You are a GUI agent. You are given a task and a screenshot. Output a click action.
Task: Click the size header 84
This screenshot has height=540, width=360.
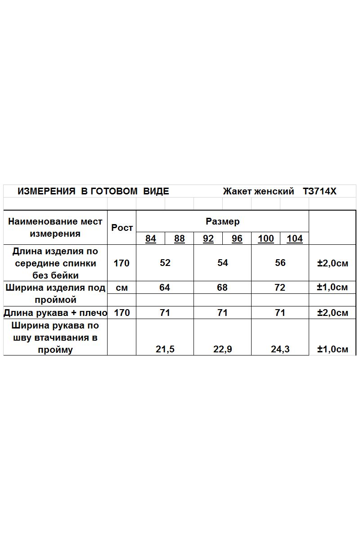coord(151,238)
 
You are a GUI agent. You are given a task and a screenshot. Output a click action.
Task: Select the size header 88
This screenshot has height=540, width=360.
coord(180,238)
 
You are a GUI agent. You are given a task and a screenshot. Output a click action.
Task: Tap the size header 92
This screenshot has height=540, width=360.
coord(208,238)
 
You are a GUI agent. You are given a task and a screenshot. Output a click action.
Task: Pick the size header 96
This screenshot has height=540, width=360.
coord(237,238)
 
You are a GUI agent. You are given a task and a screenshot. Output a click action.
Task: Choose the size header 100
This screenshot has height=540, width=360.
coord(266,238)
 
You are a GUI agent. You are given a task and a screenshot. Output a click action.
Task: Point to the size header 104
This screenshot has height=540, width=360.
coord(295,238)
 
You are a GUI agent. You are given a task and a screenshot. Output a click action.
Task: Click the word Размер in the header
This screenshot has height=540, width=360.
coord(223,221)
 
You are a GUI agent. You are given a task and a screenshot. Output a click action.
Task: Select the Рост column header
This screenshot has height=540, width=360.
coord(122,228)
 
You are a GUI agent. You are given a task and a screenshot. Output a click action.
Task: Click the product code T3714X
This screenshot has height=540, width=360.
coord(319,191)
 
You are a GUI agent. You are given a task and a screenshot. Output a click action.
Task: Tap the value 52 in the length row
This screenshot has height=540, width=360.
coord(165,263)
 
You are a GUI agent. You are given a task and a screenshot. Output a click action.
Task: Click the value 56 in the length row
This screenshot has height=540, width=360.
coord(280,263)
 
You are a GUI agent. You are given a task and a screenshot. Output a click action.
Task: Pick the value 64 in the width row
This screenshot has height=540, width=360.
coord(165,288)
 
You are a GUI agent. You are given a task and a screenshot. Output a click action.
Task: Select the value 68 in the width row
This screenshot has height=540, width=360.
coord(222,288)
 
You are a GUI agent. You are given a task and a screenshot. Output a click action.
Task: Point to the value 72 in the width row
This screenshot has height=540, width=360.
coord(280,288)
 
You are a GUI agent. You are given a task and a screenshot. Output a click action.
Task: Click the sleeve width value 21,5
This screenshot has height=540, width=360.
coord(165,349)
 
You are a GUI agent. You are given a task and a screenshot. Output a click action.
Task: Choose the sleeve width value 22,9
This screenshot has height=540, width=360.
coord(223,349)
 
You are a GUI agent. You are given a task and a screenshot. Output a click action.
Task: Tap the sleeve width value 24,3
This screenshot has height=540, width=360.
coord(280,349)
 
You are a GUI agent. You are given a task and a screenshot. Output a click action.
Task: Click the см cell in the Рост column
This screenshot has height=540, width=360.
coord(122,288)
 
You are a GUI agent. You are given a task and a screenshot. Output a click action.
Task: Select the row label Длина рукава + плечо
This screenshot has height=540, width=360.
coord(55,313)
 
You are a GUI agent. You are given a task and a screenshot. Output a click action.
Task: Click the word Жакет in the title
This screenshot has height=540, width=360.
coord(237,191)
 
